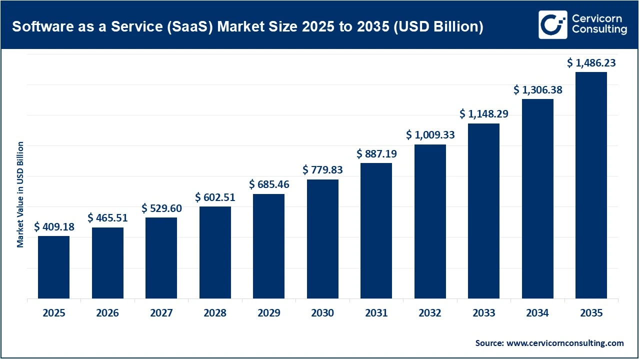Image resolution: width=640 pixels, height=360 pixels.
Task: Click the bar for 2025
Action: coord(53,267)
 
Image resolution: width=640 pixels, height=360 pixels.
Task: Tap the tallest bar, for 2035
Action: coord(591,185)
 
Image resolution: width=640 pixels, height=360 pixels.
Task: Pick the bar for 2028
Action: coord(215,252)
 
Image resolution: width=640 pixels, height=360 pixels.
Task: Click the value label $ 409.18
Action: coord(54,227)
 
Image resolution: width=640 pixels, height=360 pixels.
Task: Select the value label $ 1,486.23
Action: coord(591,63)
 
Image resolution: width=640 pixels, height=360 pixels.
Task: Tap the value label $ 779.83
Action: coord(322,170)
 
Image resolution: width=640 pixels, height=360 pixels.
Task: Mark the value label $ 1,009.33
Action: coord(430,135)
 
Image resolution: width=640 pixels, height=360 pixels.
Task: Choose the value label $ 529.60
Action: coord(161,208)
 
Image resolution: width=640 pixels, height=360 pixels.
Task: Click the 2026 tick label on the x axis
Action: coord(107,313)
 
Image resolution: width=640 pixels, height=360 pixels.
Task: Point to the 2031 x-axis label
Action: coord(376,313)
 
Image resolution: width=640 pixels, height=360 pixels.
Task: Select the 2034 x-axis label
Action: coord(537,313)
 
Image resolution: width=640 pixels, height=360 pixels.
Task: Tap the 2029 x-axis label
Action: coord(268,313)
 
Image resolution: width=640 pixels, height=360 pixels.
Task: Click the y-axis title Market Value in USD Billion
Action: coord(20,194)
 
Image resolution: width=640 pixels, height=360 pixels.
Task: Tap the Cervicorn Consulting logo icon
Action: coord(552,24)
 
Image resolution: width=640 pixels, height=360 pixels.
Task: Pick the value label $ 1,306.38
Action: coord(537,90)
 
